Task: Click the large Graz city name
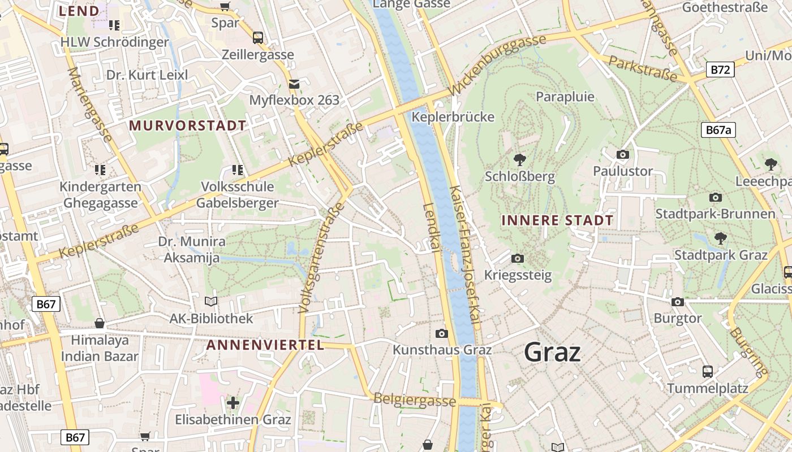pos(552,353)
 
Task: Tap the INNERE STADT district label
pos(557,220)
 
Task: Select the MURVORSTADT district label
pos(188,125)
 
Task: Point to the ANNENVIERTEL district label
pos(265,345)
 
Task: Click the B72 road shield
pos(720,70)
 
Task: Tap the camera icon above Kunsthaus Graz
pos(442,333)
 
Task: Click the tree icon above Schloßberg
pos(519,160)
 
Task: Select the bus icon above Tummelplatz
pos(708,372)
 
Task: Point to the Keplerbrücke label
pos(453,117)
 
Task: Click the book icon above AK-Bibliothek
pos(211,302)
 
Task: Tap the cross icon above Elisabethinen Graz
pos(233,403)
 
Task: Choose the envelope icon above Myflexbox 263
pos(294,84)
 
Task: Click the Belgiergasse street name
pos(415,399)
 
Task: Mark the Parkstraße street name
pos(643,68)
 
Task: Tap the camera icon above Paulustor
pos(623,154)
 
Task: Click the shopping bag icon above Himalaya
pos(100,323)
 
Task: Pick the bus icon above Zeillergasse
pos(258,38)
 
